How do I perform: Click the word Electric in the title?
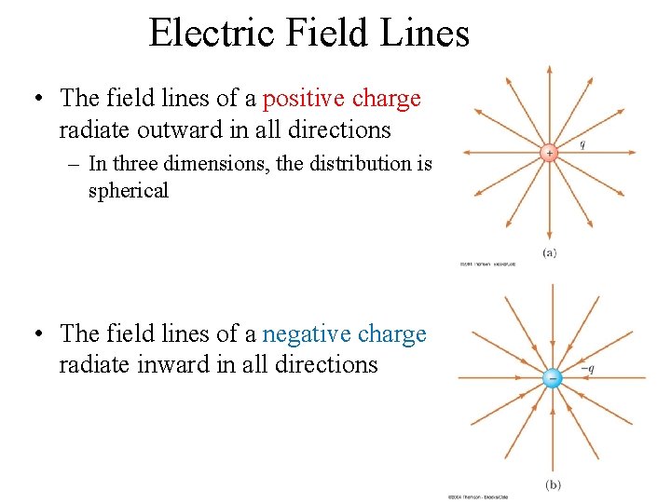tap(206, 34)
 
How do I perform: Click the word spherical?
tap(129, 191)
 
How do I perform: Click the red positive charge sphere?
tap(550, 151)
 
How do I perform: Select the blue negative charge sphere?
tap(553, 378)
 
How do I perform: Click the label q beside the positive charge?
tap(582, 144)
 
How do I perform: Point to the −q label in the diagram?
tap(588, 368)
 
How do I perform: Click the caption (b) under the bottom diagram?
tap(553, 484)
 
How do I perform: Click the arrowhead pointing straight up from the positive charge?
tap(550, 71)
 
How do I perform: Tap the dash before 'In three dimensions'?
tap(74, 165)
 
